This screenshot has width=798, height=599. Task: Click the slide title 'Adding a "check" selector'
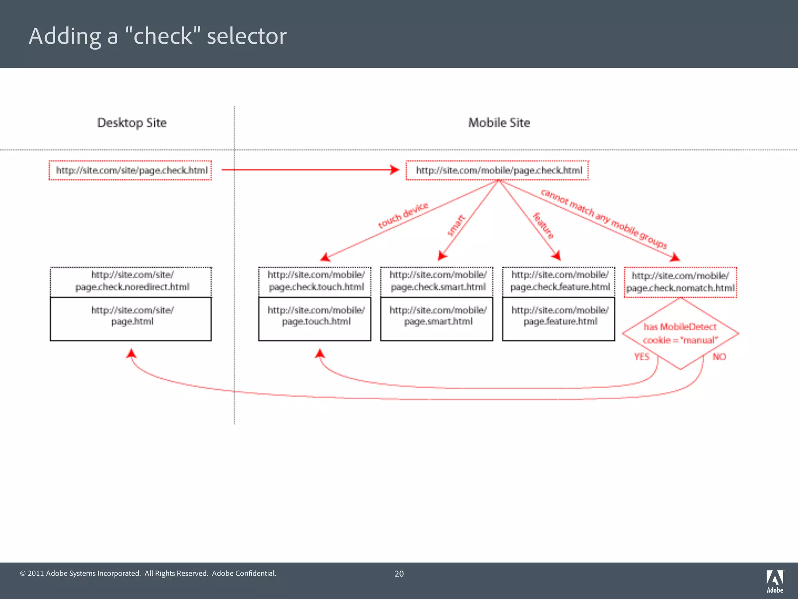click(157, 36)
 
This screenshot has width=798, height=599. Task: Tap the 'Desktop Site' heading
click(132, 123)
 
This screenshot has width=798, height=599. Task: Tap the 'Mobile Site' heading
click(499, 123)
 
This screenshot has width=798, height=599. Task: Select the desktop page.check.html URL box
click(130, 170)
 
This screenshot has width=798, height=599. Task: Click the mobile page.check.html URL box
click(497, 170)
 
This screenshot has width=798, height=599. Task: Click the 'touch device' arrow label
click(403, 216)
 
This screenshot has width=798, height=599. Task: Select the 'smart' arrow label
click(455, 225)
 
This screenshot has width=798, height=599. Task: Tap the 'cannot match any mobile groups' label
click(604, 219)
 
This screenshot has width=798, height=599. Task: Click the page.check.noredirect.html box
click(131, 281)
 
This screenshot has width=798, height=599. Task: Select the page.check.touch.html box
click(315, 281)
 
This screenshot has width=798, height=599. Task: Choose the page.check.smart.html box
click(437, 281)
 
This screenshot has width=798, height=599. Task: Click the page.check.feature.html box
click(559, 281)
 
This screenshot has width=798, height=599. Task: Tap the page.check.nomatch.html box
click(680, 282)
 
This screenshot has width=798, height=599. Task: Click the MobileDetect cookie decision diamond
click(680, 333)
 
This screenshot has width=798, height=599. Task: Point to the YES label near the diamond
click(641, 357)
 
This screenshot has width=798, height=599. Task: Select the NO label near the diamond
click(719, 357)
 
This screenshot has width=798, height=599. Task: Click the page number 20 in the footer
click(399, 574)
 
